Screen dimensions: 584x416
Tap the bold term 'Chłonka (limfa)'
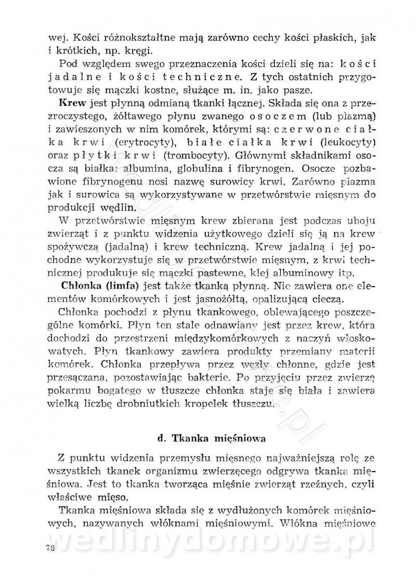91,285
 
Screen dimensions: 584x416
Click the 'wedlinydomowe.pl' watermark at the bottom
208,538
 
